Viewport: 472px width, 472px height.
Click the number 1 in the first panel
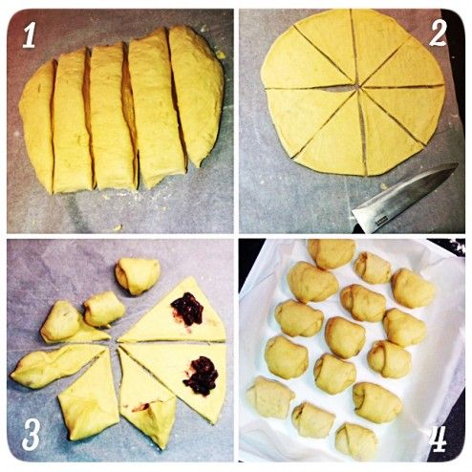(x=30, y=35)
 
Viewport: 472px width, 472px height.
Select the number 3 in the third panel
(x=31, y=435)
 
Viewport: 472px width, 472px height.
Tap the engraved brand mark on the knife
(x=381, y=221)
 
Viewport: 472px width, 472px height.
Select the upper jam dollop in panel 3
(x=188, y=309)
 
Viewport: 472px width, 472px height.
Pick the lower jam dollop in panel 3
(x=201, y=376)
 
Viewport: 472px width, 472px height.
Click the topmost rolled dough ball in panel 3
(x=138, y=276)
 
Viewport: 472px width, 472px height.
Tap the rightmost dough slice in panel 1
(x=196, y=95)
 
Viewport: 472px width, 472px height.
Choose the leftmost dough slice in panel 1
(x=37, y=126)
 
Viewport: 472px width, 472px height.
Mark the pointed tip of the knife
(x=458, y=165)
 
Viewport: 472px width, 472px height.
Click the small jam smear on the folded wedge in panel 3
(x=141, y=407)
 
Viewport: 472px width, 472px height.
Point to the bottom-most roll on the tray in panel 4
(x=356, y=440)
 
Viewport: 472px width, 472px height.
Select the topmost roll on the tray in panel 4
(x=332, y=253)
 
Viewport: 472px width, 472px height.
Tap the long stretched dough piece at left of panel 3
(x=57, y=366)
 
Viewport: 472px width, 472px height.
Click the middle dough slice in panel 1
(x=112, y=117)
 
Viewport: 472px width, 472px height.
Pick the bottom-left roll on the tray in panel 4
(x=270, y=397)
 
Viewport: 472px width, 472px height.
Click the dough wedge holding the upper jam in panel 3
(x=179, y=312)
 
